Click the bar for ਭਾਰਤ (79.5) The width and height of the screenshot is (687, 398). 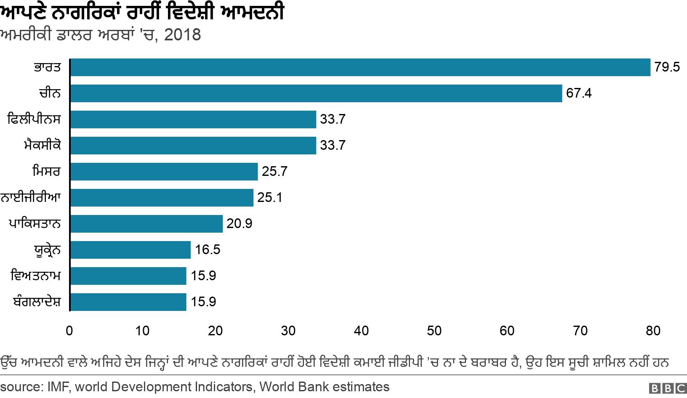[360, 67]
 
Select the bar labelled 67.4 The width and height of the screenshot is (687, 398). [316, 93]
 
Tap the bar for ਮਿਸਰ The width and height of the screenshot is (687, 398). [164, 172]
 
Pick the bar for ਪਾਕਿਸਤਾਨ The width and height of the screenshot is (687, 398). [146, 224]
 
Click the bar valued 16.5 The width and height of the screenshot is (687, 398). [130, 250]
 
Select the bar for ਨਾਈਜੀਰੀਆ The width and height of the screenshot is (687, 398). [162, 198]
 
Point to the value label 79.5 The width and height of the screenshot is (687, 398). [667, 67]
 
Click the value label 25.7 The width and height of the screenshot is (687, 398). [274, 172]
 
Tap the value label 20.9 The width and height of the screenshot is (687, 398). [239, 224]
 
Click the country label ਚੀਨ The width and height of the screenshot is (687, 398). [50, 93]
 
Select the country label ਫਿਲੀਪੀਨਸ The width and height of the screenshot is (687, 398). [34, 119]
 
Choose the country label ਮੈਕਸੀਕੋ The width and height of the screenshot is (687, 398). [42, 146]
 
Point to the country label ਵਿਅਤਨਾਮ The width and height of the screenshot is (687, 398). [36, 276]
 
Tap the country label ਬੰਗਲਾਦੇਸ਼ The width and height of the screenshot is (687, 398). [37, 302]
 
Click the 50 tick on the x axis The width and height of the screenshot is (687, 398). [434, 331]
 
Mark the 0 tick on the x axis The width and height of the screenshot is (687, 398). [69, 331]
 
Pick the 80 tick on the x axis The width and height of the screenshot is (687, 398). [653, 331]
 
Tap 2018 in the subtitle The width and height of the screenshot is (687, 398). [182, 35]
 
